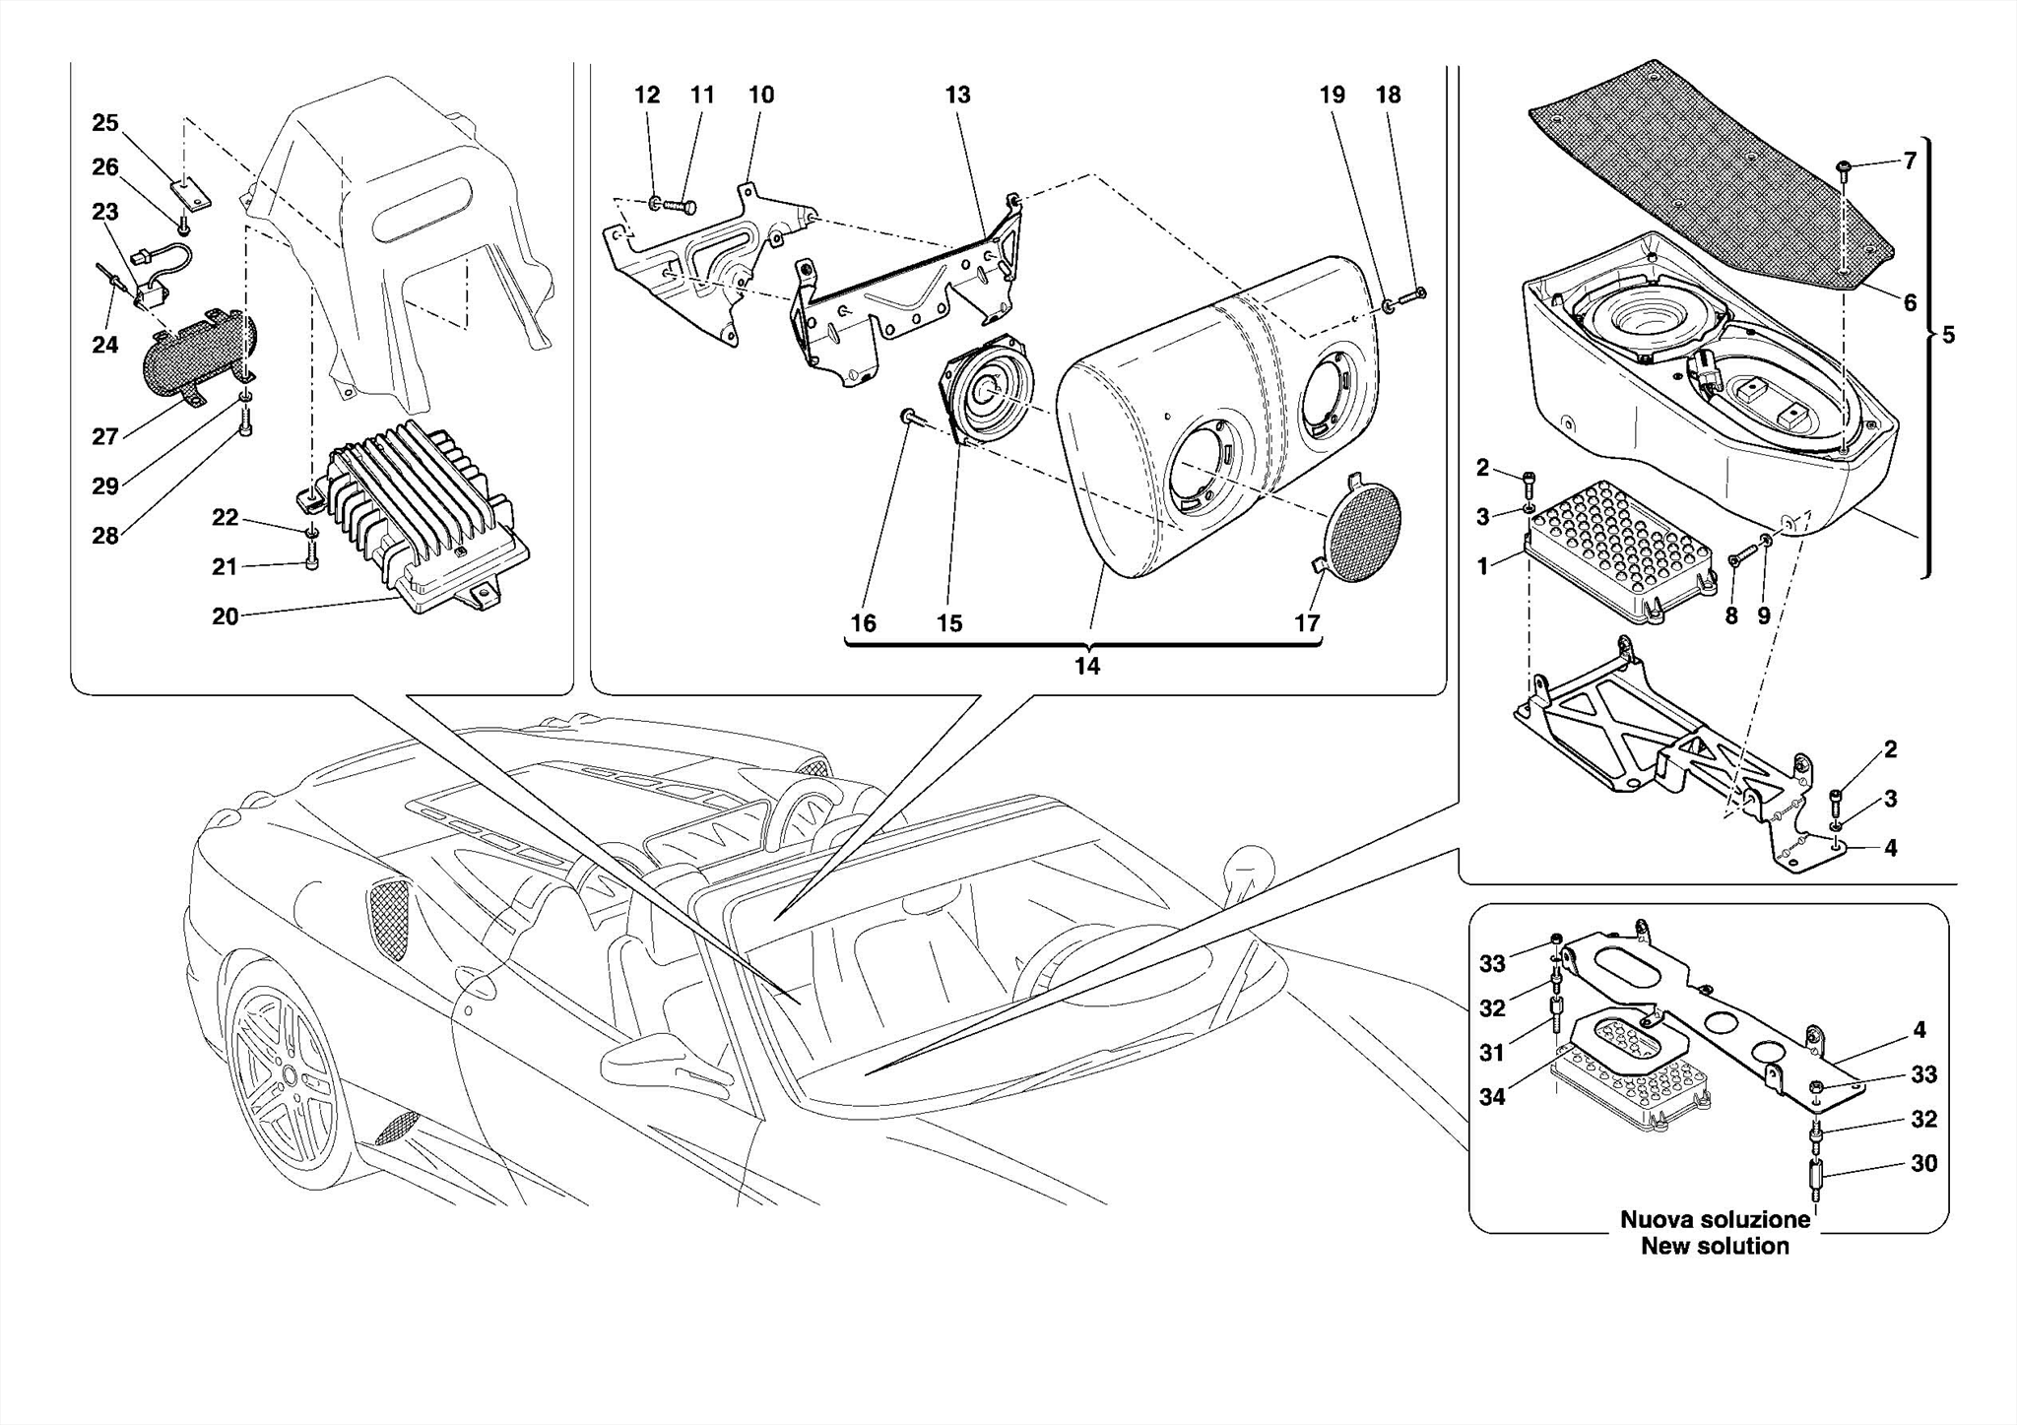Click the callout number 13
click(x=957, y=96)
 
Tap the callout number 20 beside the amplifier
click(x=225, y=616)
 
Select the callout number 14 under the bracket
click(x=1086, y=667)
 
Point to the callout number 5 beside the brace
click(x=1947, y=336)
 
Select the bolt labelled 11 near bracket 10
click(x=681, y=207)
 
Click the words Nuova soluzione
click(x=1715, y=1219)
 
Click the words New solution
click(x=1715, y=1246)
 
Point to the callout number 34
click(x=1492, y=1096)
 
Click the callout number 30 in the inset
click(x=1923, y=1163)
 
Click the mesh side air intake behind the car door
click(x=389, y=919)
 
